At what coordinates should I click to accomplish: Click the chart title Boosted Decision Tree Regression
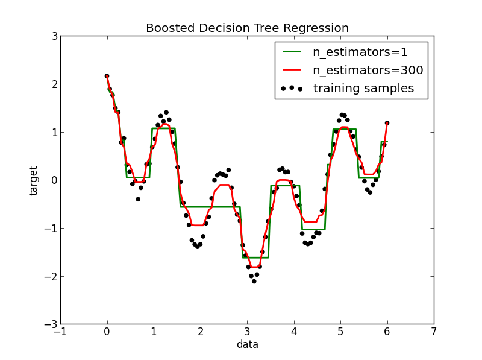pyautogui.click(x=247, y=28)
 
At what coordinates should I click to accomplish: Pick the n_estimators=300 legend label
pyautogui.click(x=368, y=70)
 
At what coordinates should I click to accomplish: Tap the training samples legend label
pyautogui.click(x=363, y=88)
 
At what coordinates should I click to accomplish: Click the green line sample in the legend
pyautogui.click(x=292, y=52)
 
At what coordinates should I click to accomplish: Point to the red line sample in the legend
pyautogui.click(x=292, y=70)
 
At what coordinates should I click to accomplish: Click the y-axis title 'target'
pyautogui.click(x=34, y=180)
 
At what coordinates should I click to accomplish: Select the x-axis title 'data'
pyautogui.click(x=247, y=345)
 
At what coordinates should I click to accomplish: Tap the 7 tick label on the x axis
pyautogui.click(x=434, y=332)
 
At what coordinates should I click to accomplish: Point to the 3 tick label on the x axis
pyautogui.click(x=247, y=332)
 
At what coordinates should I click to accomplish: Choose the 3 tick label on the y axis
pyautogui.click(x=54, y=36)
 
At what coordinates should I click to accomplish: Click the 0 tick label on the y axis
pyautogui.click(x=54, y=180)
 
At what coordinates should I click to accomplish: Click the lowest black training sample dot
pyautogui.click(x=254, y=281)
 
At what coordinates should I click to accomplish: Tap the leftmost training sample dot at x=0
pyautogui.click(x=107, y=76)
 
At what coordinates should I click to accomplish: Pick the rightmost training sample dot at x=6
pyautogui.click(x=387, y=123)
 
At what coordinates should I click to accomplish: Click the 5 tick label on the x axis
pyautogui.click(x=340, y=332)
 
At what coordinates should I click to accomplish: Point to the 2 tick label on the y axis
pyautogui.click(x=54, y=84)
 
